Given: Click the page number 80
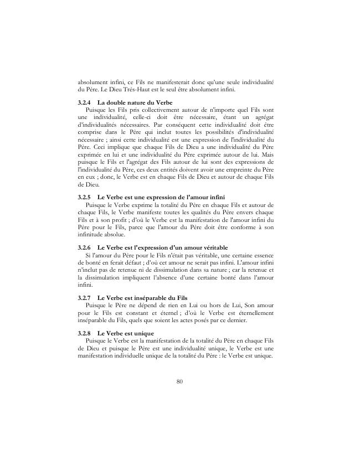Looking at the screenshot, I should [x=179, y=381].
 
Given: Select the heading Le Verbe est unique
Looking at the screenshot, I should [x=126, y=333].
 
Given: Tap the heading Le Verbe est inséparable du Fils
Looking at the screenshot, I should [x=143, y=298].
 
